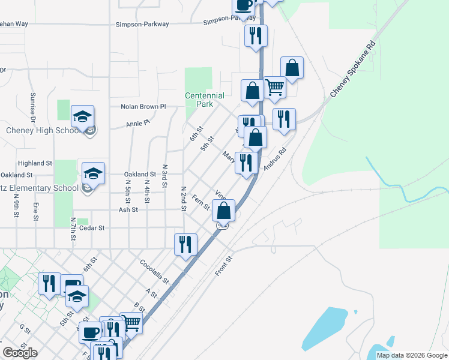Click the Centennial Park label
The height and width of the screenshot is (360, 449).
click(205, 100)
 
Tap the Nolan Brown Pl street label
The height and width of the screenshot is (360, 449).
click(143, 107)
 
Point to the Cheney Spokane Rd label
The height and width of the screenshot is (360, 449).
click(352, 70)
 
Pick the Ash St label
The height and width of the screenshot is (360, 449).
click(128, 210)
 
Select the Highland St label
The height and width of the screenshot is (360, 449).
click(35, 163)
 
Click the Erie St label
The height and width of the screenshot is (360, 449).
click(36, 211)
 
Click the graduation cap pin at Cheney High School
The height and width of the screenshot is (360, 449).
click(83, 116)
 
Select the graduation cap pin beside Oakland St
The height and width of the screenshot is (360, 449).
click(93, 173)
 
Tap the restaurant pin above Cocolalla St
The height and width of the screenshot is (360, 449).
click(186, 244)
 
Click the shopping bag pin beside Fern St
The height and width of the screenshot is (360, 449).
click(224, 211)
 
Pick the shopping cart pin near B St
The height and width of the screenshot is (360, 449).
click(131, 323)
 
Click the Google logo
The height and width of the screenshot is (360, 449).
click(20, 353)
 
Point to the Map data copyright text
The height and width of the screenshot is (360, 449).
click(411, 355)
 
